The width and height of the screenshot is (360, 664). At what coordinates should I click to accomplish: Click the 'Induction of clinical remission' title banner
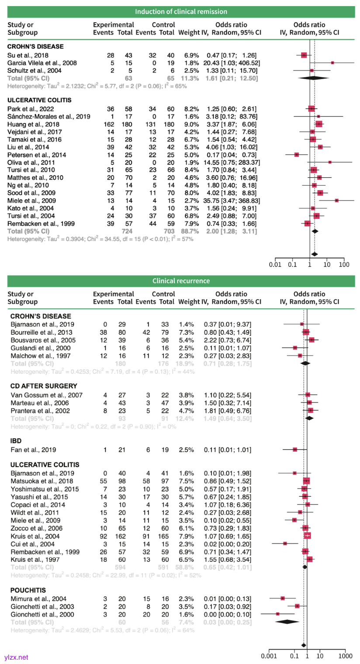click(x=181, y=11)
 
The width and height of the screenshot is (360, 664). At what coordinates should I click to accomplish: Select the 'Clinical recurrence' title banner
click(x=181, y=281)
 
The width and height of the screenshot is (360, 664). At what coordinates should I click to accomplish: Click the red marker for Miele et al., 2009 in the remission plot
click(x=336, y=200)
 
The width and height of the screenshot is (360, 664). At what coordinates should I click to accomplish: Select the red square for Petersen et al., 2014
click(x=297, y=155)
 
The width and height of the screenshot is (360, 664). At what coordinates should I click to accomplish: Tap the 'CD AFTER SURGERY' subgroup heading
click(x=44, y=386)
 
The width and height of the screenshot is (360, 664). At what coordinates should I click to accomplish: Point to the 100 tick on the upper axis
click(x=344, y=264)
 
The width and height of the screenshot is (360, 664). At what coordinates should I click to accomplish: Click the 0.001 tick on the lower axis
click(x=269, y=656)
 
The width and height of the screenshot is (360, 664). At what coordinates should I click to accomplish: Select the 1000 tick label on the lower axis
click(x=345, y=656)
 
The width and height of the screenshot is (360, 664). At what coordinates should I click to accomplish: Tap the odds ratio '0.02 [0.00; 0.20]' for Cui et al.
click(x=227, y=544)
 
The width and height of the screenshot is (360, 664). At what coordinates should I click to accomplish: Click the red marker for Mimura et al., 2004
click(x=282, y=598)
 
